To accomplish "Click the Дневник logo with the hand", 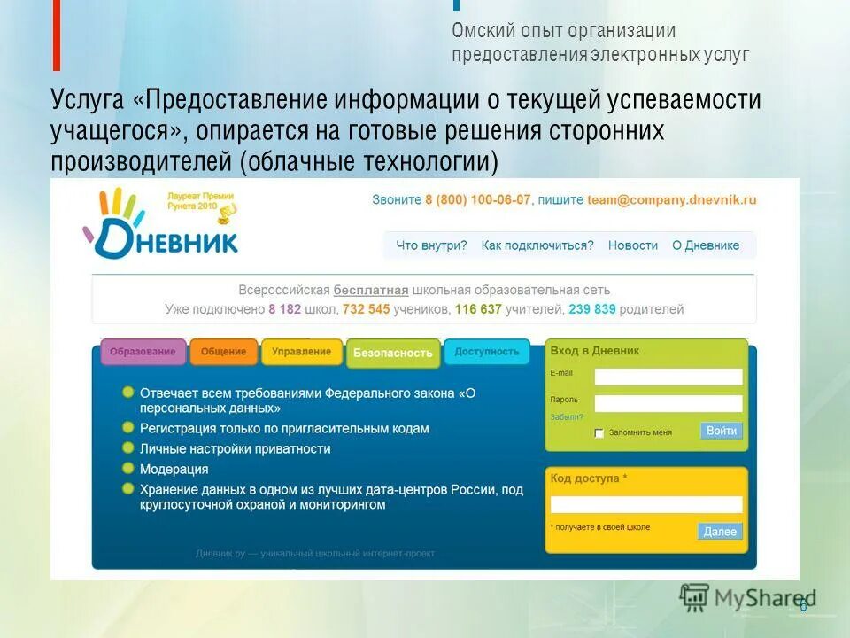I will pyautogui.click(x=159, y=226).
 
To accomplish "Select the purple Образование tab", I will pyautogui.click(x=143, y=352).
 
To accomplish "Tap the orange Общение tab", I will pyautogui.click(x=223, y=352).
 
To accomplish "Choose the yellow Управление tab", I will pyautogui.click(x=301, y=352).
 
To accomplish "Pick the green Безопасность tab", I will pyautogui.click(x=393, y=353).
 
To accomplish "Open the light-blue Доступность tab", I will pyautogui.click(x=486, y=352).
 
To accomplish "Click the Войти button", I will pyautogui.click(x=721, y=431).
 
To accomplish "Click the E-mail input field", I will pyautogui.click(x=668, y=377).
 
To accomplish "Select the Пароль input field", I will pyautogui.click(x=668, y=403).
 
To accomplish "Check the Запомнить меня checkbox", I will pyautogui.click(x=599, y=433).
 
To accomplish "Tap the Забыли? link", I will pyautogui.click(x=567, y=416).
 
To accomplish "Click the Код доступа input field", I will pyautogui.click(x=645, y=504).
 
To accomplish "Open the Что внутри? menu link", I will pyautogui.click(x=431, y=245).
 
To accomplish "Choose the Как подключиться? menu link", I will pyautogui.click(x=537, y=245).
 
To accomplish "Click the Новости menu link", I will pyautogui.click(x=633, y=245).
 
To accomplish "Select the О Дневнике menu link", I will pyautogui.click(x=706, y=245).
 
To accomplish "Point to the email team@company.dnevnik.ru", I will pyautogui.click(x=672, y=200).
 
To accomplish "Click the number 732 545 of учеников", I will pyautogui.click(x=366, y=309).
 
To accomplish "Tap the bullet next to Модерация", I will pyautogui.click(x=128, y=469).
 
